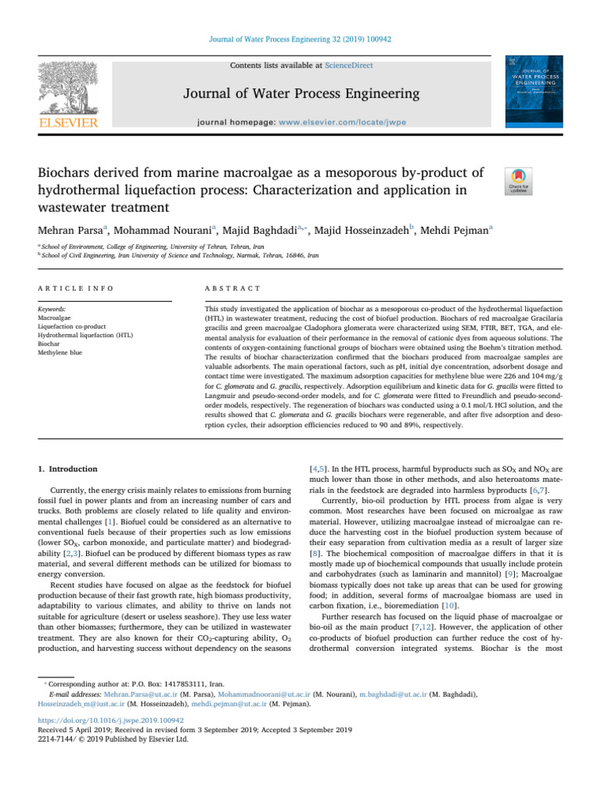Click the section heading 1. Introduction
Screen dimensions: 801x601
(68, 469)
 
